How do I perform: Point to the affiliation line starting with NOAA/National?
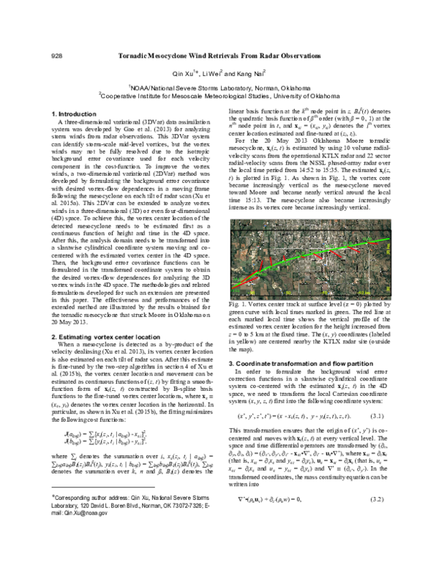coord(221,86)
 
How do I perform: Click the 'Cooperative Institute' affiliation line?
coord(221,94)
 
